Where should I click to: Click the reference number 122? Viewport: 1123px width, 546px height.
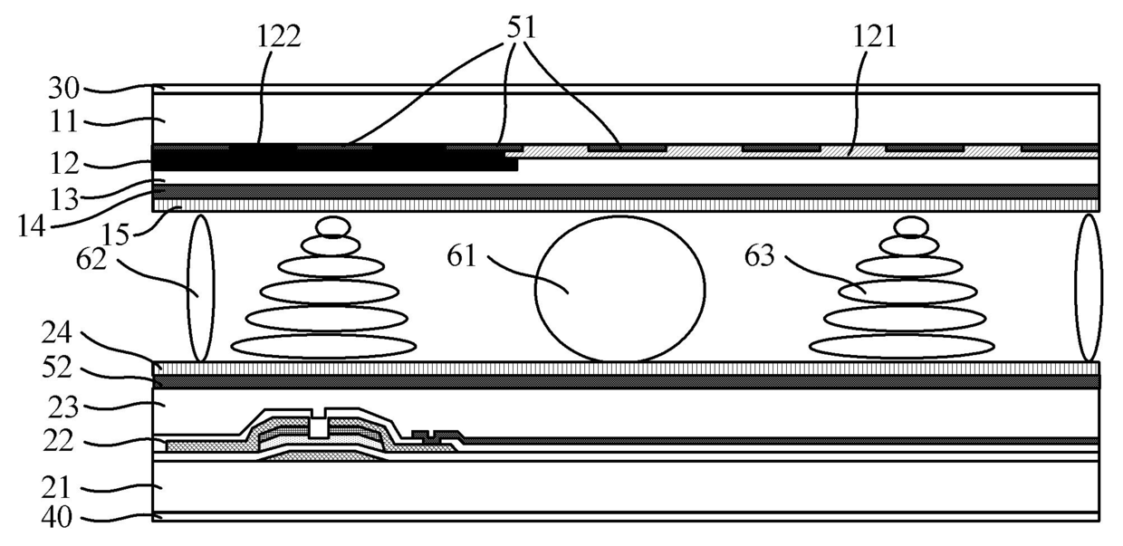[278, 36]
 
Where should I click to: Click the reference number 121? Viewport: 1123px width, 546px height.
[873, 36]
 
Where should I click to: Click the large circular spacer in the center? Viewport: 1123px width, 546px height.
[620, 289]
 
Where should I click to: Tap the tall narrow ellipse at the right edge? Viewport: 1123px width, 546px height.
[1088, 288]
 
